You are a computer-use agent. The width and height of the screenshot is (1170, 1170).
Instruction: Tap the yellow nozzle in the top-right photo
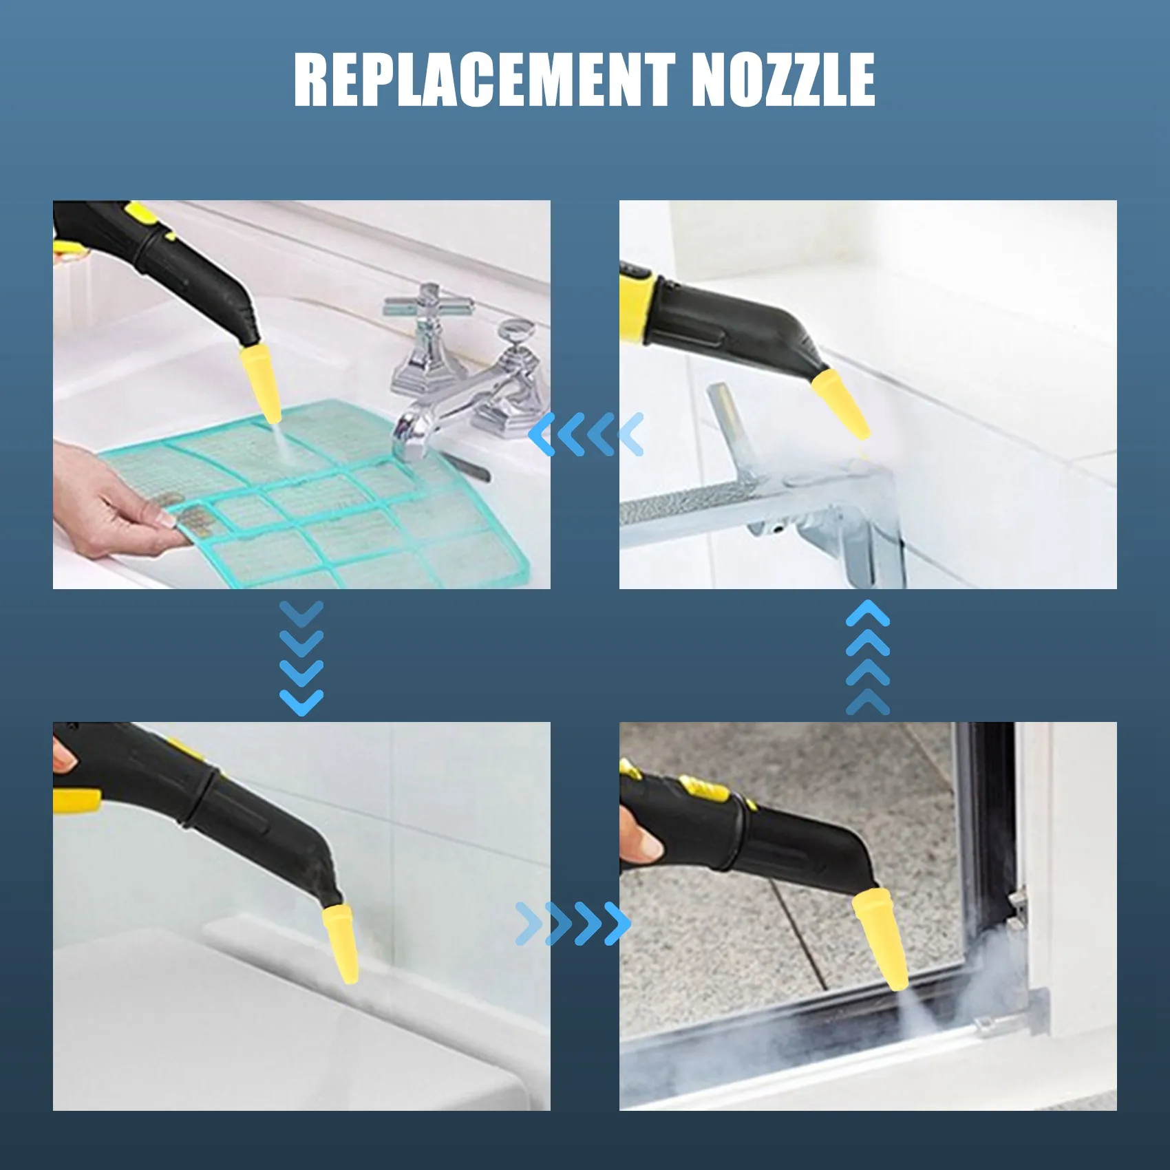(x=841, y=404)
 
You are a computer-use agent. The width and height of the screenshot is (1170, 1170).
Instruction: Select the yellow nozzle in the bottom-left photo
(x=342, y=943)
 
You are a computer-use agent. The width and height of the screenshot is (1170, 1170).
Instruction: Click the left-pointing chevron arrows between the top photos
(x=586, y=434)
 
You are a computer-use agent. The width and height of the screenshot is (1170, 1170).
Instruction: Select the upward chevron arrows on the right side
(x=867, y=657)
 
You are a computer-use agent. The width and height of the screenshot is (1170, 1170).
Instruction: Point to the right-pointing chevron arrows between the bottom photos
(x=573, y=923)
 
